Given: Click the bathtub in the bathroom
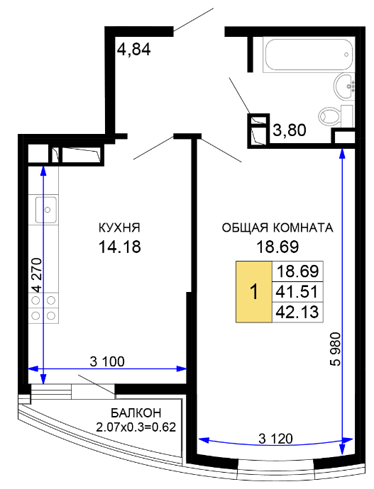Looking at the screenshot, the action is click(x=309, y=55).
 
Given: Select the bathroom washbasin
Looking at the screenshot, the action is click(x=344, y=86).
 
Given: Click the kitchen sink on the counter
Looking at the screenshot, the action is click(x=46, y=210).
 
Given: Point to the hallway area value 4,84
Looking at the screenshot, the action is click(x=133, y=50).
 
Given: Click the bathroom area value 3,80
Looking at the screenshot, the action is click(x=290, y=130).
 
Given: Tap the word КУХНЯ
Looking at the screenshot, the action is click(x=119, y=227).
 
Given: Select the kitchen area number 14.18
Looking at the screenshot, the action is click(x=119, y=247).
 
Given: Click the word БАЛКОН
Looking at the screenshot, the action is click(x=136, y=413).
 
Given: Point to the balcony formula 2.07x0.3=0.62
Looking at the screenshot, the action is click(x=136, y=427).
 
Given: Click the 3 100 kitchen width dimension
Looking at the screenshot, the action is click(x=107, y=361).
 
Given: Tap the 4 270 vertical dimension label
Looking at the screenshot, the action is click(x=36, y=275).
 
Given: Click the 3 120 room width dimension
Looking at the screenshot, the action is click(x=275, y=439).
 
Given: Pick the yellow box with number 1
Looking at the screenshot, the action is click(x=254, y=291).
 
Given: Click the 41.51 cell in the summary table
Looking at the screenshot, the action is click(x=297, y=291).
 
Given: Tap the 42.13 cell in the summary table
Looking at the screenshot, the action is click(x=297, y=312).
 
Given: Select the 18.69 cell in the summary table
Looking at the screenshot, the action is click(x=297, y=271).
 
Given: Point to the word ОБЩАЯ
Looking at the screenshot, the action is click(x=245, y=228).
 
